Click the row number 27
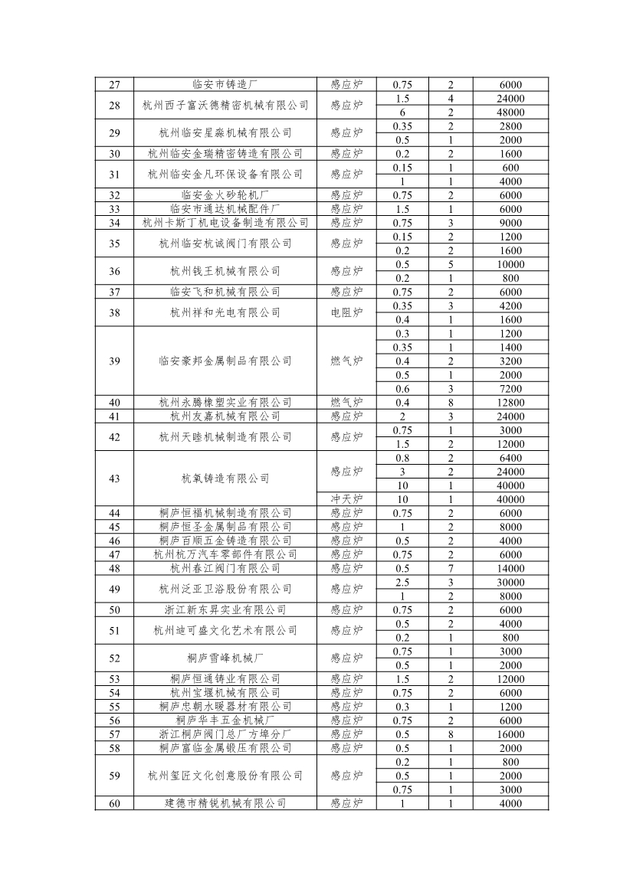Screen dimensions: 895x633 pyautogui.click(x=115, y=85)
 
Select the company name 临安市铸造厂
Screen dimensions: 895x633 pyautogui.click(x=225, y=85)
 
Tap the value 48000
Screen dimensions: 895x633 pyautogui.click(x=510, y=113)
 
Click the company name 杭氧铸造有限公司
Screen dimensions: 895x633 pyautogui.click(x=225, y=479)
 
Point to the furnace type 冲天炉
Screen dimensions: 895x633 pyautogui.click(x=346, y=499)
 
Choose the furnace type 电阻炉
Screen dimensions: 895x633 pyautogui.click(x=346, y=312)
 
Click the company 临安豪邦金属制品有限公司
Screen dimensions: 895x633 pyautogui.click(x=225, y=361)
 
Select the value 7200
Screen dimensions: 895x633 pyautogui.click(x=510, y=389)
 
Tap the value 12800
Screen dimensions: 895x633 pyautogui.click(x=510, y=403)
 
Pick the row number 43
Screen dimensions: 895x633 pyautogui.click(x=115, y=479)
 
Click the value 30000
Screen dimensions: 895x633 pyautogui.click(x=510, y=582)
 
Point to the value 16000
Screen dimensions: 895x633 pyautogui.click(x=510, y=733)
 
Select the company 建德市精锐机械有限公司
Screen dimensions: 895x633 pyautogui.click(x=225, y=803)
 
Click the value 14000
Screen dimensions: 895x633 pyautogui.click(x=510, y=568)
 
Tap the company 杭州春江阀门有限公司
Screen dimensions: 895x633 pyautogui.click(x=225, y=568)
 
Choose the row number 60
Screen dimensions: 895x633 pyautogui.click(x=115, y=803)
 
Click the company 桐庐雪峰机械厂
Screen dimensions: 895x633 pyautogui.click(x=225, y=658)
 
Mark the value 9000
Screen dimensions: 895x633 pyautogui.click(x=510, y=223)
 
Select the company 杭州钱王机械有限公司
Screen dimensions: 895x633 pyautogui.click(x=225, y=271)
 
